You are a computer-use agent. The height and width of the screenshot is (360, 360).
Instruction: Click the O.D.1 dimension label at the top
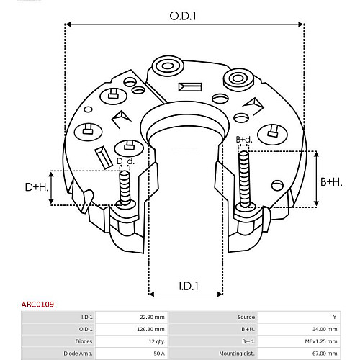point(183,16)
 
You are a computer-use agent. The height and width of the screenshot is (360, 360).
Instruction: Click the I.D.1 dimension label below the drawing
point(189,286)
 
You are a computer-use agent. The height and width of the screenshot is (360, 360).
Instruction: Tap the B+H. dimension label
point(331,182)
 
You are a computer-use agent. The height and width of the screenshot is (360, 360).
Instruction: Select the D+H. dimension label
point(37,187)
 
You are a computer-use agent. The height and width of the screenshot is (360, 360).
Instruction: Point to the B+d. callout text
point(244,140)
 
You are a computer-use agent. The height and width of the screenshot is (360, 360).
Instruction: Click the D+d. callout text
point(125,161)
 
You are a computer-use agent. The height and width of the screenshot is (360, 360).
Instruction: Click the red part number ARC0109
point(37,305)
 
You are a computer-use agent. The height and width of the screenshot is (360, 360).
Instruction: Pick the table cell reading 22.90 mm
point(152,317)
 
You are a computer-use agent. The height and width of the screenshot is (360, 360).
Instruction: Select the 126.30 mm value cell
point(150,329)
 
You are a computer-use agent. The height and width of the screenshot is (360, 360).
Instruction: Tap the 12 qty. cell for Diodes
point(157,341)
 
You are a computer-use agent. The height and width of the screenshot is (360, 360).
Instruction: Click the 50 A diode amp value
point(159,354)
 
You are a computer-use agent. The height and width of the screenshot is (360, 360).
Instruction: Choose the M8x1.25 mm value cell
point(321,341)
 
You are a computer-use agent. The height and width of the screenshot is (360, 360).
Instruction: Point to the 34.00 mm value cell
point(325,329)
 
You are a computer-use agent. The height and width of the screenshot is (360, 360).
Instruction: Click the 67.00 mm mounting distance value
point(325,354)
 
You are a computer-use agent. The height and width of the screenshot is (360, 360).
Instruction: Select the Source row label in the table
point(246,317)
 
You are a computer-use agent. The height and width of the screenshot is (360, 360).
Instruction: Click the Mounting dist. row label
point(237,354)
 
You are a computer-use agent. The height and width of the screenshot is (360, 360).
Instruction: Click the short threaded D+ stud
point(125,188)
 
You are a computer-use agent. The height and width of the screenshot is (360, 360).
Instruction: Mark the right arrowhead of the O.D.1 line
point(301,24)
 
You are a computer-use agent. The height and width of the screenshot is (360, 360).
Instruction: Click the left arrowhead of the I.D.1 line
point(151,294)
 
